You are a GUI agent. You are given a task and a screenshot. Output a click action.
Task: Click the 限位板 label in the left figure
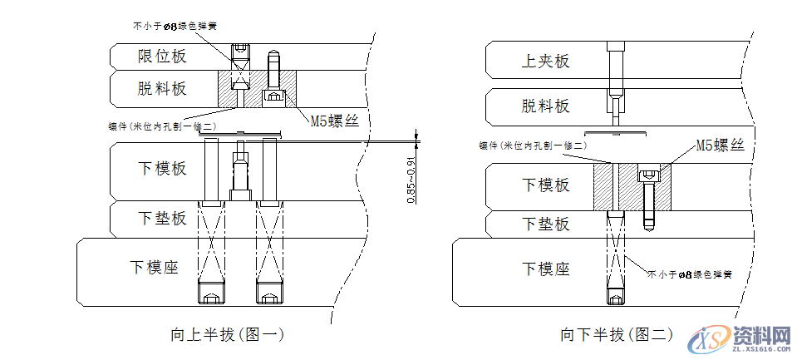click(x=162, y=56)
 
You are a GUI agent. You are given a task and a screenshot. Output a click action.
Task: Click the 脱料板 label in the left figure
click(x=162, y=87)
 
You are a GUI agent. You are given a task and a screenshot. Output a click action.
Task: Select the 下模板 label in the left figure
click(x=162, y=168)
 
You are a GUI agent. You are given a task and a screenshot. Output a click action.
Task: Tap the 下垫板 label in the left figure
click(x=162, y=219)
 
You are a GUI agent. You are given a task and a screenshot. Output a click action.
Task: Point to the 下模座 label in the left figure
click(x=155, y=267)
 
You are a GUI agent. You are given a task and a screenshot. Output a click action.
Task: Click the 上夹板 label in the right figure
click(x=545, y=61)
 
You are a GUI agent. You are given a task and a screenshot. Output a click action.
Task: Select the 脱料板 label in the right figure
click(x=545, y=106)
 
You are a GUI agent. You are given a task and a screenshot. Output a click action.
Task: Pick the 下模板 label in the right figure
click(x=545, y=185)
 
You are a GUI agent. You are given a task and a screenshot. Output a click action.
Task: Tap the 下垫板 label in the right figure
click(x=545, y=224)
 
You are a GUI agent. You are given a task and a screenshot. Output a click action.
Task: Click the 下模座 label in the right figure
click(x=545, y=269)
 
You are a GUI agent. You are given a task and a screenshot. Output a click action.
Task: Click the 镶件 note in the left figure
click(x=162, y=126)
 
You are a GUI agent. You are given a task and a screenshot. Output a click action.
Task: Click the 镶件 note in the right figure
click(x=533, y=145)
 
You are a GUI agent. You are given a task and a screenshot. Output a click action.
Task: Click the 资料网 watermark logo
click(x=740, y=338)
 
